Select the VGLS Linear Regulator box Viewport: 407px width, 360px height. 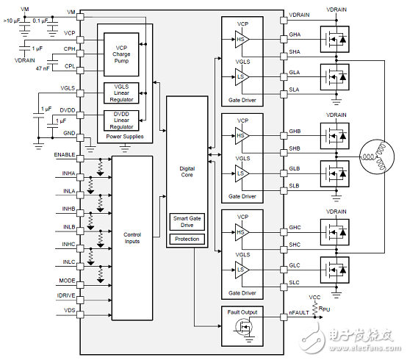(121, 93)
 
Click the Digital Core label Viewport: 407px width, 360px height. (187, 172)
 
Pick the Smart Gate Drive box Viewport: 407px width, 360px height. (187, 222)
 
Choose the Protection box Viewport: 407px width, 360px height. (187, 239)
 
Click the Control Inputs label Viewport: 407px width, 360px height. (132, 238)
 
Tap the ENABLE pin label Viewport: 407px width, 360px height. (65, 155)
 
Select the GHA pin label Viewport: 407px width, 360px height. (295, 35)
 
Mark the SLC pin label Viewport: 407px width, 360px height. (294, 284)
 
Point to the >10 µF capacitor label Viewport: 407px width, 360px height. (14, 21)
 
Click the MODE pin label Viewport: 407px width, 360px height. (67, 280)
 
